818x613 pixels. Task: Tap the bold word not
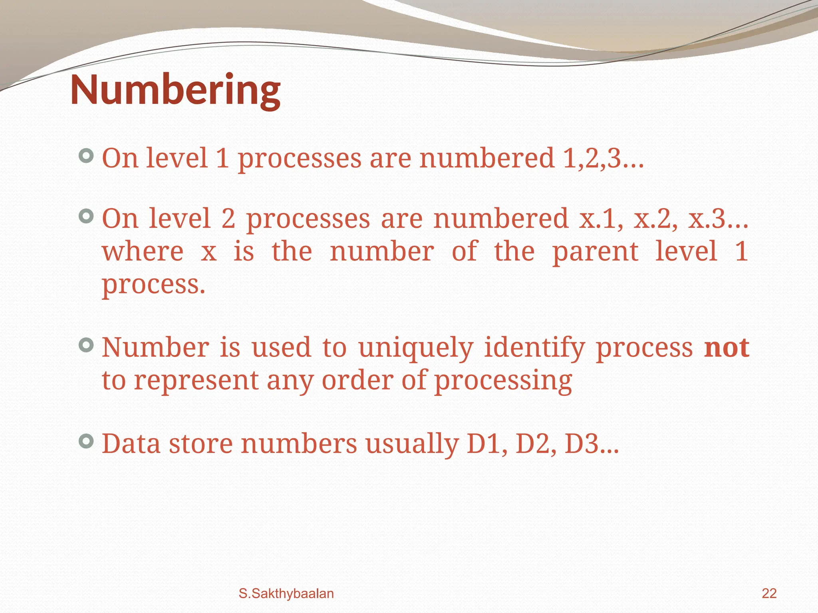pos(727,348)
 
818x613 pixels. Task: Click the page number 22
pos(769,593)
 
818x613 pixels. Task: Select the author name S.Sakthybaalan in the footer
pos(286,593)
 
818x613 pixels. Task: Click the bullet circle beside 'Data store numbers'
pos(86,441)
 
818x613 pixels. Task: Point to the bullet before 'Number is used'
pos(86,345)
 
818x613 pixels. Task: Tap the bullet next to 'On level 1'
pos(86,156)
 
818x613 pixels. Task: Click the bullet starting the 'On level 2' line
pos(86,216)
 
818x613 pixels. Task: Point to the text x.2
pos(655,219)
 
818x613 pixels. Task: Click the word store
pos(201,444)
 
